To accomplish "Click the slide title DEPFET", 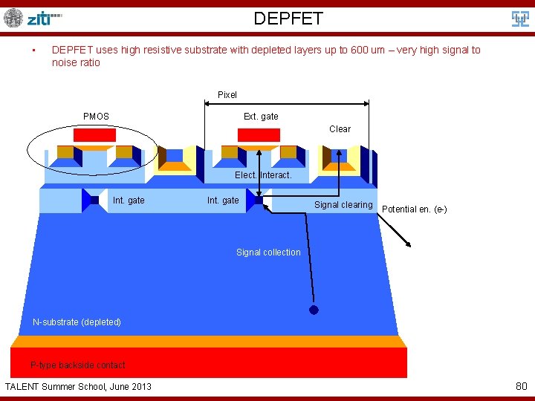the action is pyautogui.click(x=288, y=18).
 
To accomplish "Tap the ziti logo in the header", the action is pyautogui.click(x=33, y=18).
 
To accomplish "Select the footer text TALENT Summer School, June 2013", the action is pyautogui.click(x=78, y=386).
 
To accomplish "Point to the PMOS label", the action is pyautogui.click(x=96, y=116).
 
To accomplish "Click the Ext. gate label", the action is pyautogui.click(x=261, y=116).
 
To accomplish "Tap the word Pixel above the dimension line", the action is pyautogui.click(x=227, y=94).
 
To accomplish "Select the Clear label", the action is pyautogui.click(x=340, y=128).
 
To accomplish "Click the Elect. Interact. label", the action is pyautogui.click(x=263, y=175).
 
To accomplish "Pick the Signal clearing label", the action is pyautogui.click(x=343, y=204).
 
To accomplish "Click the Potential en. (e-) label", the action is pyautogui.click(x=414, y=209).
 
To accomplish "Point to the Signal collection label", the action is pyautogui.click(x=268, y=252).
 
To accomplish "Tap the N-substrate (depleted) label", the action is pyautogui.click(x=77, y=322).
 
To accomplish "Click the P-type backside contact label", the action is pyautogui.click(x=78, y=365).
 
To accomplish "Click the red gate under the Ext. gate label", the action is pyautogui.click(x=259, y=135).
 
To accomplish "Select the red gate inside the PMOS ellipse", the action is pyautogui.click(x=94, y=135).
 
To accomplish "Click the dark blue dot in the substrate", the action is pyautogui.click(x=314, y=310).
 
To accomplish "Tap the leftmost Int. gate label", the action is pyautogui.click(x=129, y=200).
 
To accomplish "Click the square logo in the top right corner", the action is pyautogui.click(x=520, y=19).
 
